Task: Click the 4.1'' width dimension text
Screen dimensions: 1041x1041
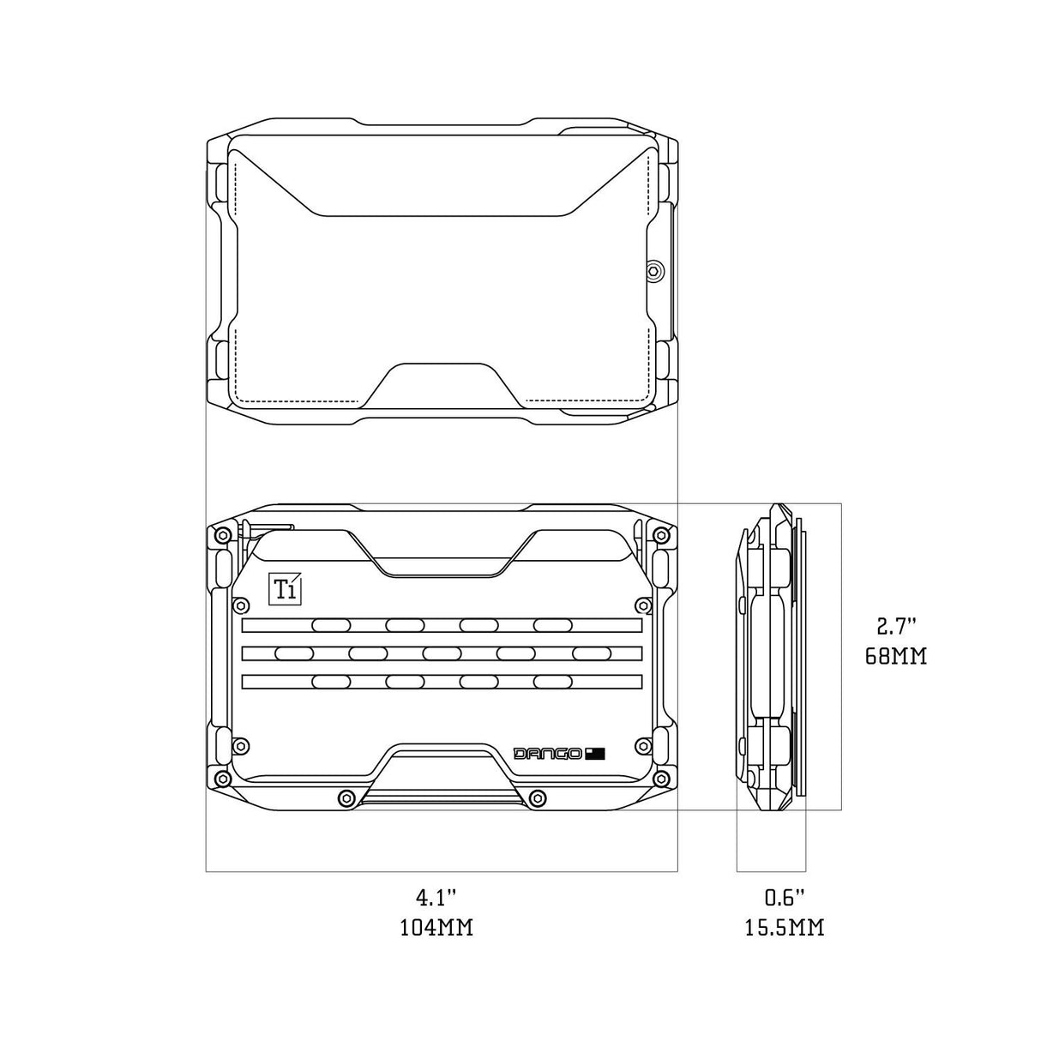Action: pos(436,897)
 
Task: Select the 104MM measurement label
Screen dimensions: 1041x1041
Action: pos(436,928)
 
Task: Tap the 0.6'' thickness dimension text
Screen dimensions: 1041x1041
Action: pos(784,897)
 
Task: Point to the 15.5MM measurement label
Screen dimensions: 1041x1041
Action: pos(784,928)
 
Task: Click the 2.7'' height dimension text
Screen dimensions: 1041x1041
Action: pos(896,626)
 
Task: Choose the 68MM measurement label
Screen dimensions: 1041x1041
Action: pos(896,657)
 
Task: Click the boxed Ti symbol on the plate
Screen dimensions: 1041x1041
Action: pos(283,587)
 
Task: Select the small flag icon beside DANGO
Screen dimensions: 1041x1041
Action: pos(596,753)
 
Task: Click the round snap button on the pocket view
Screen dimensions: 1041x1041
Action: pos(654,270)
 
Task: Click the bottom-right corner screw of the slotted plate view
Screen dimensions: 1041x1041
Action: pos(660,779)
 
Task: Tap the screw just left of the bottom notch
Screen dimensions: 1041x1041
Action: pos(346,797)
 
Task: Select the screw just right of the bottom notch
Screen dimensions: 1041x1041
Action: pos(538,797)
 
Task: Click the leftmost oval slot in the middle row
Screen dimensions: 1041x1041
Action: pos(294,653)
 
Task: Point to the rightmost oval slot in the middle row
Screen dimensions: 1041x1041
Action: pos(591,653)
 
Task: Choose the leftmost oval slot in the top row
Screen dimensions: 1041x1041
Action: pos(331,625)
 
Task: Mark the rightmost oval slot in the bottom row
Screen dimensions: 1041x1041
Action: pos(553,682)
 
